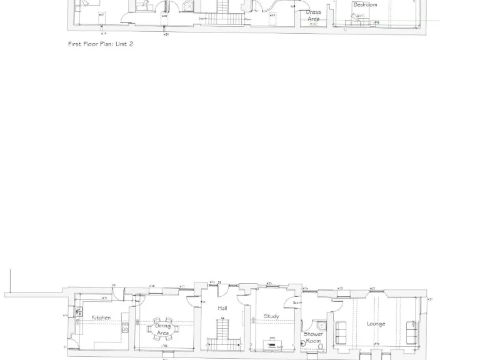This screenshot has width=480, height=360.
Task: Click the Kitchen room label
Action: pos(101,317)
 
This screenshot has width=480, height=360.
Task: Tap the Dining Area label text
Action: pos(162,329)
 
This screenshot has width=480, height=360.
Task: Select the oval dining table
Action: pos(162,329)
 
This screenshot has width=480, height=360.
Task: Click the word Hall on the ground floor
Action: pos(222,308)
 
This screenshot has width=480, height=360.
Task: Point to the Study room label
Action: pos(271,316)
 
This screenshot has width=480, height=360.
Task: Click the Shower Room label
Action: pos(313,337)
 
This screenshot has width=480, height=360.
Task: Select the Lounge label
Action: pos(376,324)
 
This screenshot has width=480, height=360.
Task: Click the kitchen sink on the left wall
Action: pos(79,311)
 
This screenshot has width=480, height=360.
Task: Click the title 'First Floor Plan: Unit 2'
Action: pos(101,44)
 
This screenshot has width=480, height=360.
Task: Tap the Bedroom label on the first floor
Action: pos(365,5)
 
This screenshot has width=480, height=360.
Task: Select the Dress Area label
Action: pos(313,16)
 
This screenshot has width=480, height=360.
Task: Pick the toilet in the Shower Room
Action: pos(304,343)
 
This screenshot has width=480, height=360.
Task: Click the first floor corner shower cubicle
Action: pos(188,6)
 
